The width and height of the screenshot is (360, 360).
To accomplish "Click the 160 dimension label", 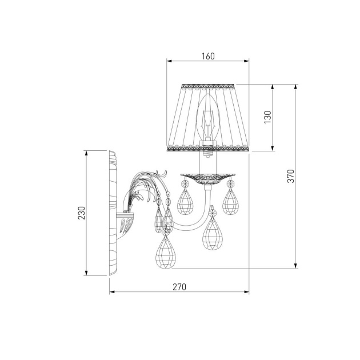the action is (x=208, y=56).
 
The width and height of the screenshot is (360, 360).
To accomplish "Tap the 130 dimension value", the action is (x=267, y=117).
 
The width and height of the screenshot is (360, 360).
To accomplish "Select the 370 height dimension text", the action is (x=291, y=176).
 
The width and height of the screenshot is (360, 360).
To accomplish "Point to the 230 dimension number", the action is (x=82, y=213).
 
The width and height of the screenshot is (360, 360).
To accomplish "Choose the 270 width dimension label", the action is (x=179, y=287).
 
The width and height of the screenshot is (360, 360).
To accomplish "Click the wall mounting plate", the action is (x=113, y=213).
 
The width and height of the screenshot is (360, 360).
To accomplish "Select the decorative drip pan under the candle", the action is (x=208, y=179).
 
